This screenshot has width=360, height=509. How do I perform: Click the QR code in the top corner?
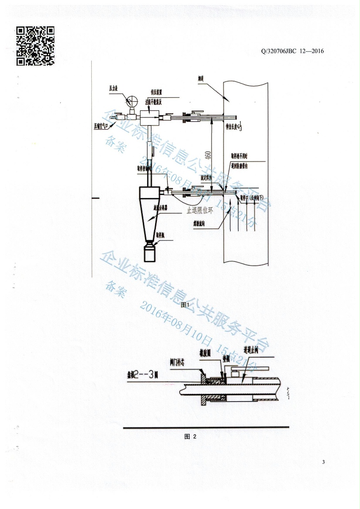pyautogui.click(x=35, y=46)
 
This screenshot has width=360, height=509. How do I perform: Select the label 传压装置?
pyautogui.click(x=156, y=92)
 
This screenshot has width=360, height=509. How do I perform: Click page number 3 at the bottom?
pyautogui.click(x=323, y=462)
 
